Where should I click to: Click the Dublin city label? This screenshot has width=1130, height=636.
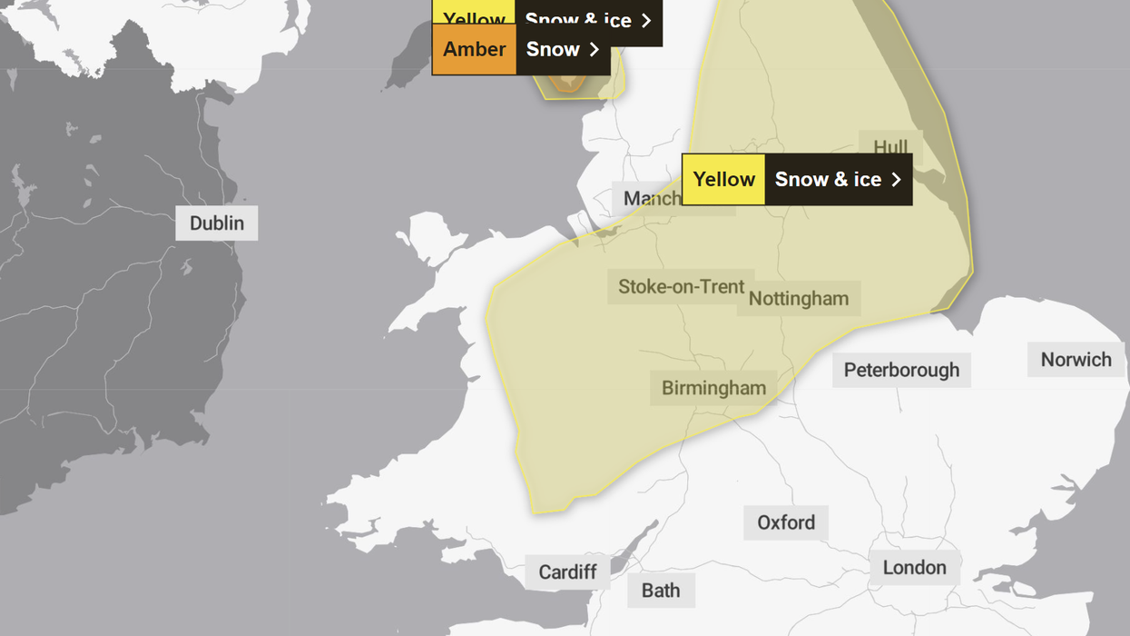coord(216,224)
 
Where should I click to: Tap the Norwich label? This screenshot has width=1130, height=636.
coord(1076,360)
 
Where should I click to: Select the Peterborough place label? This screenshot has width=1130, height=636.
coord(901,370)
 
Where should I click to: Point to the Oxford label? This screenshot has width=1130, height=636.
coord(786,522)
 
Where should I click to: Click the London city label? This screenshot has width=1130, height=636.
coord(914,568)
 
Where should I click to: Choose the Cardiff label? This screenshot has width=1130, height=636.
coord(567,572)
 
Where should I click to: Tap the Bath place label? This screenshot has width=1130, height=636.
coord(661,591)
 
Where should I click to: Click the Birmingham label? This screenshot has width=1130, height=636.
coord(713,388)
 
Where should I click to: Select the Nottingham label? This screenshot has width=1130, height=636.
coord(799,299)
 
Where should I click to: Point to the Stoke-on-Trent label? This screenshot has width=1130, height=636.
coord(681,287)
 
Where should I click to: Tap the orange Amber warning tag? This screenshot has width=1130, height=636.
coord(474,49)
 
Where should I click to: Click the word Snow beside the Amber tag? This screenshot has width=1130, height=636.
coord(553,49)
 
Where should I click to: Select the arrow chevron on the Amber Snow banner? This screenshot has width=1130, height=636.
coord(594,49)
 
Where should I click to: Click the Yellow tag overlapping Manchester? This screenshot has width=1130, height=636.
coord(723,180)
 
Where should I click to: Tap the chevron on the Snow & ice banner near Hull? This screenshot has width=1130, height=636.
coord(896,180)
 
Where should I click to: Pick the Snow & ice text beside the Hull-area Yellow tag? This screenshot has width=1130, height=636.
coord(828,180)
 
